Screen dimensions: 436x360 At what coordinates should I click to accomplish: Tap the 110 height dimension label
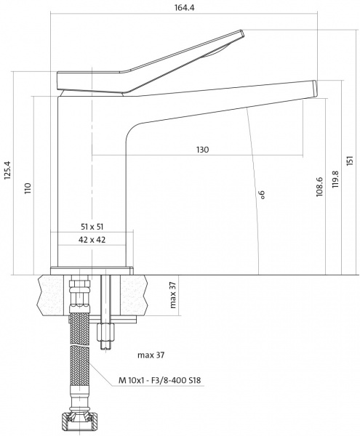[28, 187]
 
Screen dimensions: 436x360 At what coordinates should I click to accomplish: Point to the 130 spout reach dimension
[202, 150]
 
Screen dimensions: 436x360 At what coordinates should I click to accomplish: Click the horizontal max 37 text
[151, 355]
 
